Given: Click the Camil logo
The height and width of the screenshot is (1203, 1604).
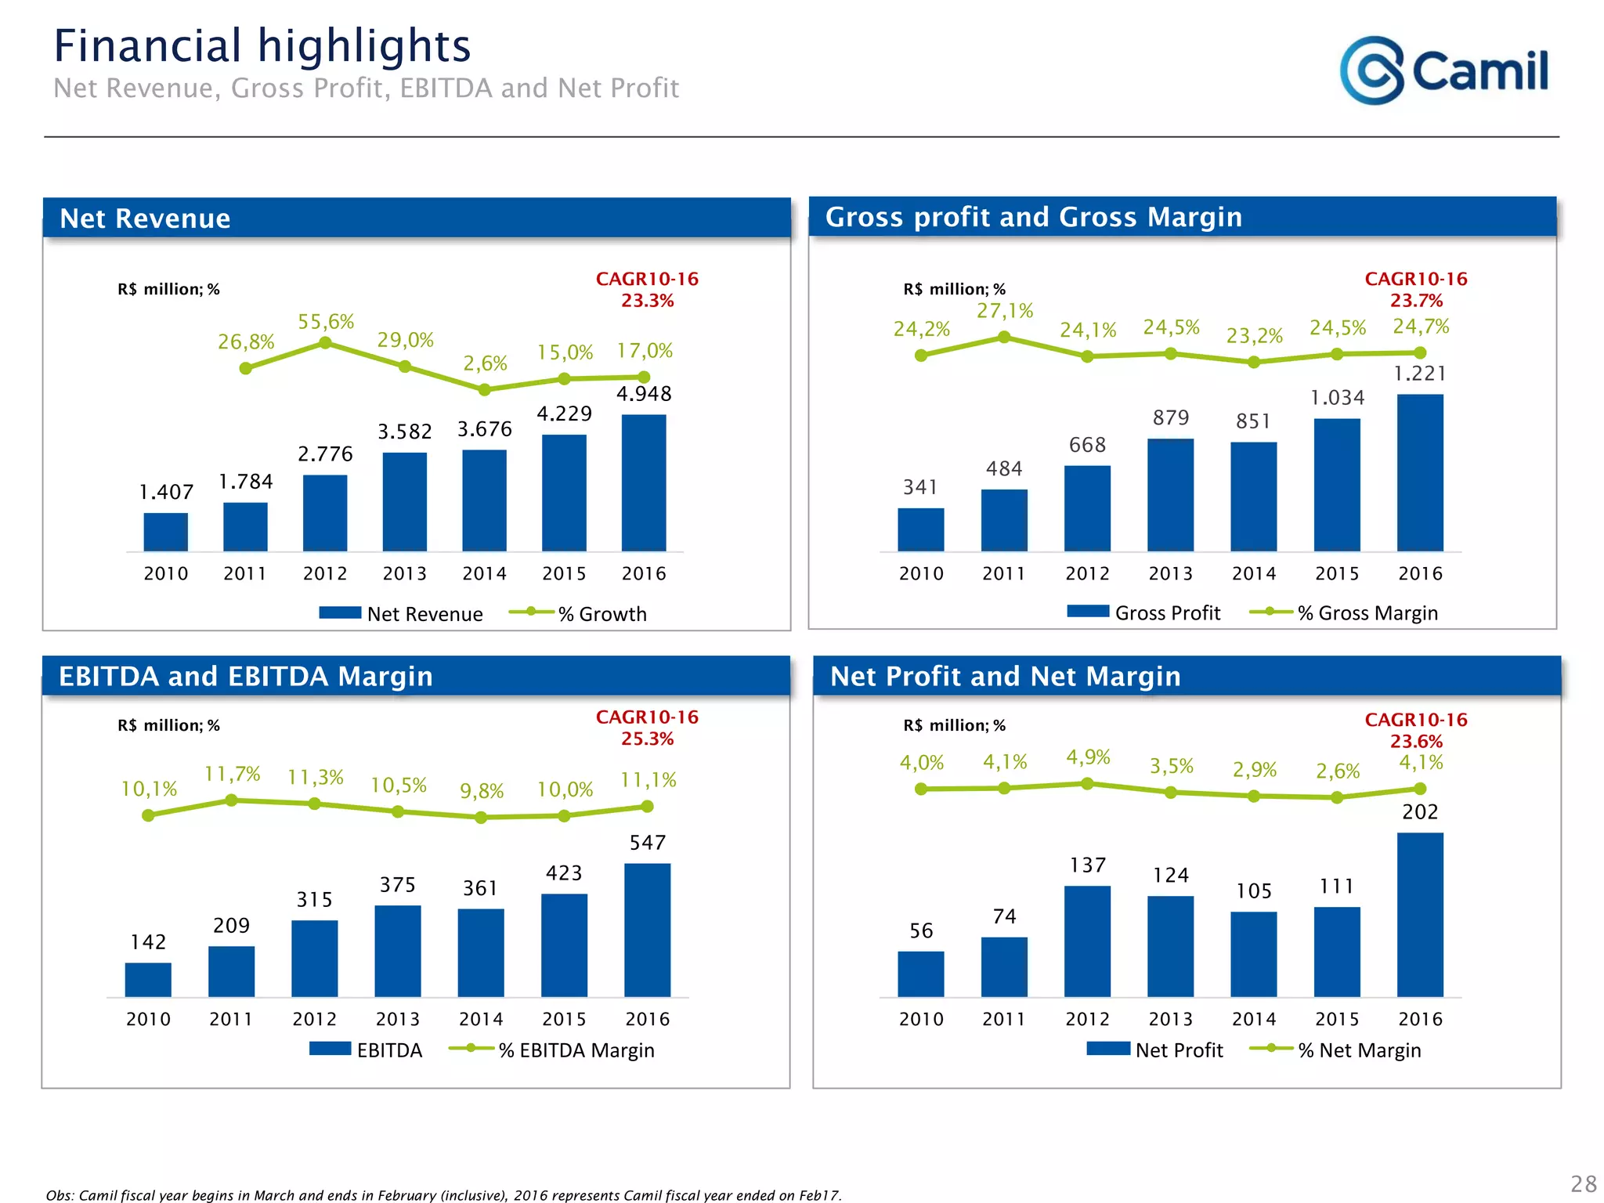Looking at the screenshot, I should point(1443,70).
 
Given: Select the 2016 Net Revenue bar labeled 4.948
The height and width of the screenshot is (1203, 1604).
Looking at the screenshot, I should point(644,482).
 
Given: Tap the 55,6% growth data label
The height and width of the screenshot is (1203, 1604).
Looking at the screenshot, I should point(326,322).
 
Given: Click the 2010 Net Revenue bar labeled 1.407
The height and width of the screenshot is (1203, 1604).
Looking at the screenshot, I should point(165,532).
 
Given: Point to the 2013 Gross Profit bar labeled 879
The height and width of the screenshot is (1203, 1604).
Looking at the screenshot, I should point(1170,495).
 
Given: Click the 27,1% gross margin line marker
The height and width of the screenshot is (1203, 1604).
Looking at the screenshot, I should point(1004,338).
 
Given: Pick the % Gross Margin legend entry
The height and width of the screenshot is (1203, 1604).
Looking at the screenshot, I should point(1344,612).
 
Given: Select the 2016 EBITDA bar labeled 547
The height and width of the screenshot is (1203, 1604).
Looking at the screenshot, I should point(647,930).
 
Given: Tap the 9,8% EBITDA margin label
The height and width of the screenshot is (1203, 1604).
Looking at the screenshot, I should point(482,791).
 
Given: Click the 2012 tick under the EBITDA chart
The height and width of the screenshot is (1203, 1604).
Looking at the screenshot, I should point(314,1019).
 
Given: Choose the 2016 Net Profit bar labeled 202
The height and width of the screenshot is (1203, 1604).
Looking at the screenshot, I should point(1419,914).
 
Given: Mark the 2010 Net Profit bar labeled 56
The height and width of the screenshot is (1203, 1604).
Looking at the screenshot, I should point(920,974).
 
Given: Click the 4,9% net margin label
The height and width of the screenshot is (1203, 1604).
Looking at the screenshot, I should point(1088,757).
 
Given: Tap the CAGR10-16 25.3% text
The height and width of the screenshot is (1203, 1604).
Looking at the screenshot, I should point(647,728).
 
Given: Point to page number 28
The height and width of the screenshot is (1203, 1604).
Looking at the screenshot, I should point(1583,1183).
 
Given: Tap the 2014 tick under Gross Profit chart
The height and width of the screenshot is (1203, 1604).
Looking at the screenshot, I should point(1253,573).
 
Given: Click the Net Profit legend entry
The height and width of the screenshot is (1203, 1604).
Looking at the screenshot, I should point(1155,1049).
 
